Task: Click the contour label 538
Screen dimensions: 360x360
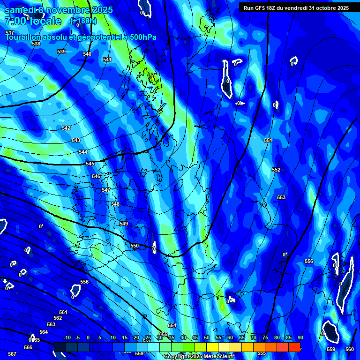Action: (36, 44)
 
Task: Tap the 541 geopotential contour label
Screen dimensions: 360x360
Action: (107, 60)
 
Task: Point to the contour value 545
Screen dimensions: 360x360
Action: (90, 164)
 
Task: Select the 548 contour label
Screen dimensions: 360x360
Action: (115, 204)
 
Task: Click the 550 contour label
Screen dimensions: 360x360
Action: (135, 246)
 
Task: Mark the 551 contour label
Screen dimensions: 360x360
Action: (268, 140)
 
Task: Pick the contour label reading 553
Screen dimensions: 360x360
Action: (281, 197)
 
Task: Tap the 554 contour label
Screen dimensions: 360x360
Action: (172, 325)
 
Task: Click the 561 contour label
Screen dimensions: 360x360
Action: (63, 312)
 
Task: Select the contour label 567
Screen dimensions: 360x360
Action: (12, 354)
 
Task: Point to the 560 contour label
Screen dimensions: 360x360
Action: (350, 349)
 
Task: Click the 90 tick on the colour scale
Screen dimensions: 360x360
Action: (300, 338)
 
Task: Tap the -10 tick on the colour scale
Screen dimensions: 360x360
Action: (67, 338)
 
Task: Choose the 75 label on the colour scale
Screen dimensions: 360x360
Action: (265, 338)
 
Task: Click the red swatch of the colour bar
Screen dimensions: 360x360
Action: (294, 346)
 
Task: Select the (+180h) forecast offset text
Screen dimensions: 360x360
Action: (83, 21)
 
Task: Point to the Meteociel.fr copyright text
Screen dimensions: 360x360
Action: (199, 357)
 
